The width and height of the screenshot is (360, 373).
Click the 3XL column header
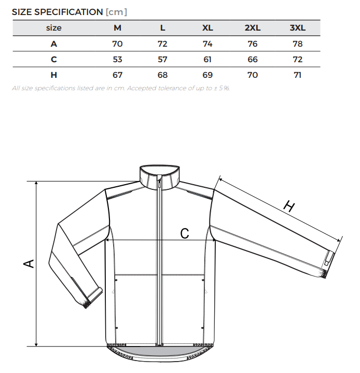click(x=297, y=28)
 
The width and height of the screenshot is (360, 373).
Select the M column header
click(x=117, y=28)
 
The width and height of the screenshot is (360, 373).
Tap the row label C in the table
click(x=54, y=59)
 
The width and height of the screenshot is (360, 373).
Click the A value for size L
click(x=162, y=44)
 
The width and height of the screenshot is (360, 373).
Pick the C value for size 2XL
click(x=253, y=59)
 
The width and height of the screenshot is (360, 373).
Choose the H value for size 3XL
click(x=297, y=75)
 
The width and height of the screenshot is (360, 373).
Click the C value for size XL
click(x=207, y=59)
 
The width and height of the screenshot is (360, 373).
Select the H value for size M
click(x=117, y=75)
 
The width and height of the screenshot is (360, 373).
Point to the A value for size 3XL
click(x=297, y=44)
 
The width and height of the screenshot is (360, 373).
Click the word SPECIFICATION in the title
click(x=68, y=12)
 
